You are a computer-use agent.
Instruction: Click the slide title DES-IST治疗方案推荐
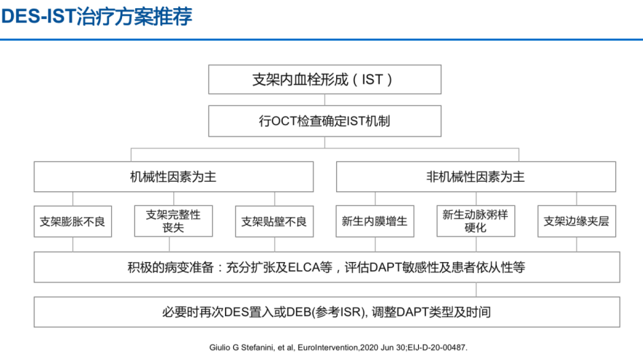(96, 17)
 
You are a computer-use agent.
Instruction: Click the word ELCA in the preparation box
(304, 267)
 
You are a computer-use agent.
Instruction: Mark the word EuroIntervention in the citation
(328, 348)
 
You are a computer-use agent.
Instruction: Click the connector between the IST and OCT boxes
(324, 100)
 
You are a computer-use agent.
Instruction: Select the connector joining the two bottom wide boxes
(476, 289)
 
